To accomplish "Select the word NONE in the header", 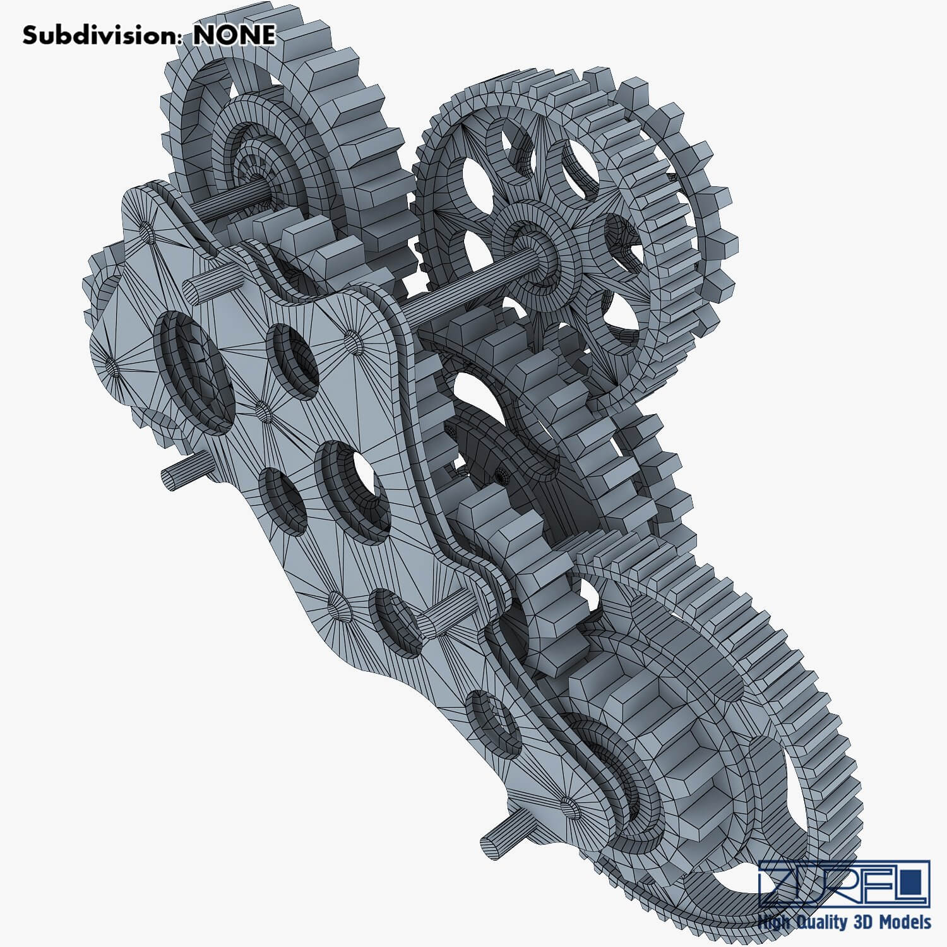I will coord(234,35).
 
